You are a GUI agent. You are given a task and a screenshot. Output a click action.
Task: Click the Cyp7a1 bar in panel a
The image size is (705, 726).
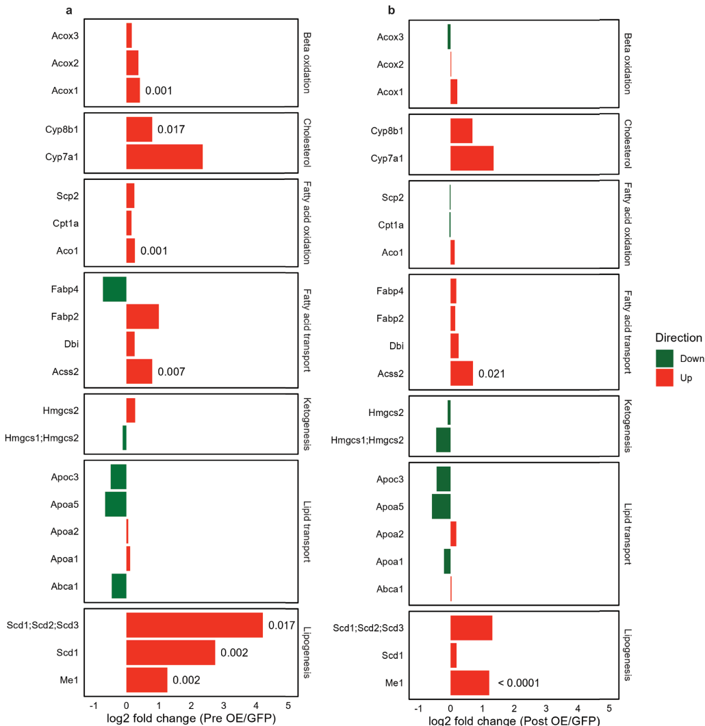click(x=164, y=156)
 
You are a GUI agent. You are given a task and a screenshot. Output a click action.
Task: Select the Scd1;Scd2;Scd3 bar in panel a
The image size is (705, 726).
click(x=194, y=625)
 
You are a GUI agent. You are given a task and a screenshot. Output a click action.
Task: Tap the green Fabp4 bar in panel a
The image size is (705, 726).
click(x=114, y=289)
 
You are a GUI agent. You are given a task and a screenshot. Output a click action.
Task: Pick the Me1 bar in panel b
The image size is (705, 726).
click(x=470, y=682)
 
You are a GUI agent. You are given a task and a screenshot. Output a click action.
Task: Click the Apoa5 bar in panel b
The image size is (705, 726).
click(x=441, y=506)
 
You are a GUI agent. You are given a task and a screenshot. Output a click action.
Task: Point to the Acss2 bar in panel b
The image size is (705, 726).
click(x=461, y=373)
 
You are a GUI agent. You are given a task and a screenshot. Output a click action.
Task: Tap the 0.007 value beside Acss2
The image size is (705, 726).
click(x=171, y=372)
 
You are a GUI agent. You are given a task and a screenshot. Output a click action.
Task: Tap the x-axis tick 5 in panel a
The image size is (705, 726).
click(x=287, y=705)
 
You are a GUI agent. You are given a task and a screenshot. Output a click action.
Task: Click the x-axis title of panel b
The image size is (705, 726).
click(x=514, y=720)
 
